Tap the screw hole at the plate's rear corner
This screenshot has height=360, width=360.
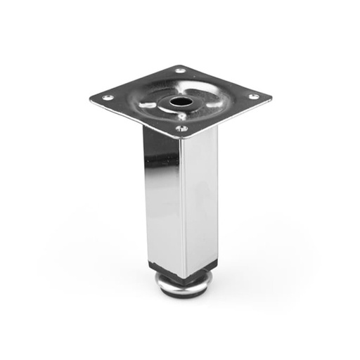pyautogui.click(x=180, y=71)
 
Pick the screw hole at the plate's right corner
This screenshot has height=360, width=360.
pyautogui.click(x=253, y=96)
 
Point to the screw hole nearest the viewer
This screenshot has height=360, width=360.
pyautogui.click(x=181, y=129)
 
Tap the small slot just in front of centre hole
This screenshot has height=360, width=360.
pyautogui.click(x=181, y=116)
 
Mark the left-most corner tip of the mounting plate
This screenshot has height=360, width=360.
pyautogui.click(x=91, y=98)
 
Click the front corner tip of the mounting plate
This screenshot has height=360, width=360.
pyautogui.click(x=181, y=139)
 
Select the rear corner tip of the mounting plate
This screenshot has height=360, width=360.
pyautogui.click(x=181, y=65)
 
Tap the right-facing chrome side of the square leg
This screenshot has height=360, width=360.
pyautogui.click(x=200, y=197)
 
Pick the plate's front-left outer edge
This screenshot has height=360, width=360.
pyautogui.click(x=134, y=119)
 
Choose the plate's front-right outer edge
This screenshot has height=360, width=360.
pyautogui.click(x=229, y=117)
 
